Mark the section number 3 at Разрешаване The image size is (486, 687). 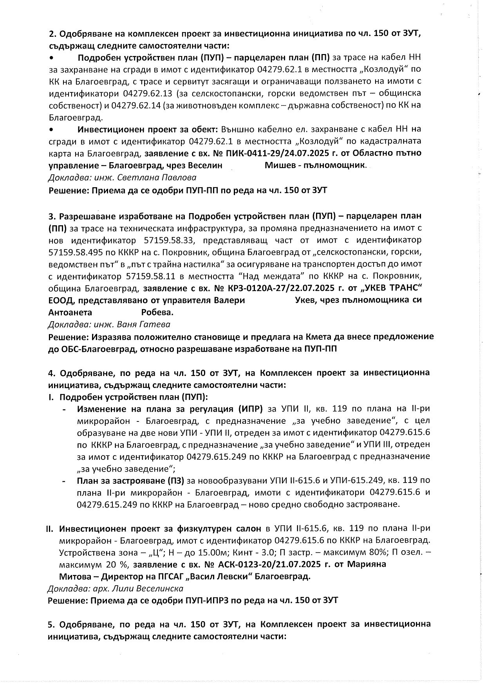[x=51, y=216]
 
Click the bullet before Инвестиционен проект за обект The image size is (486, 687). [x=51, y=129]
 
